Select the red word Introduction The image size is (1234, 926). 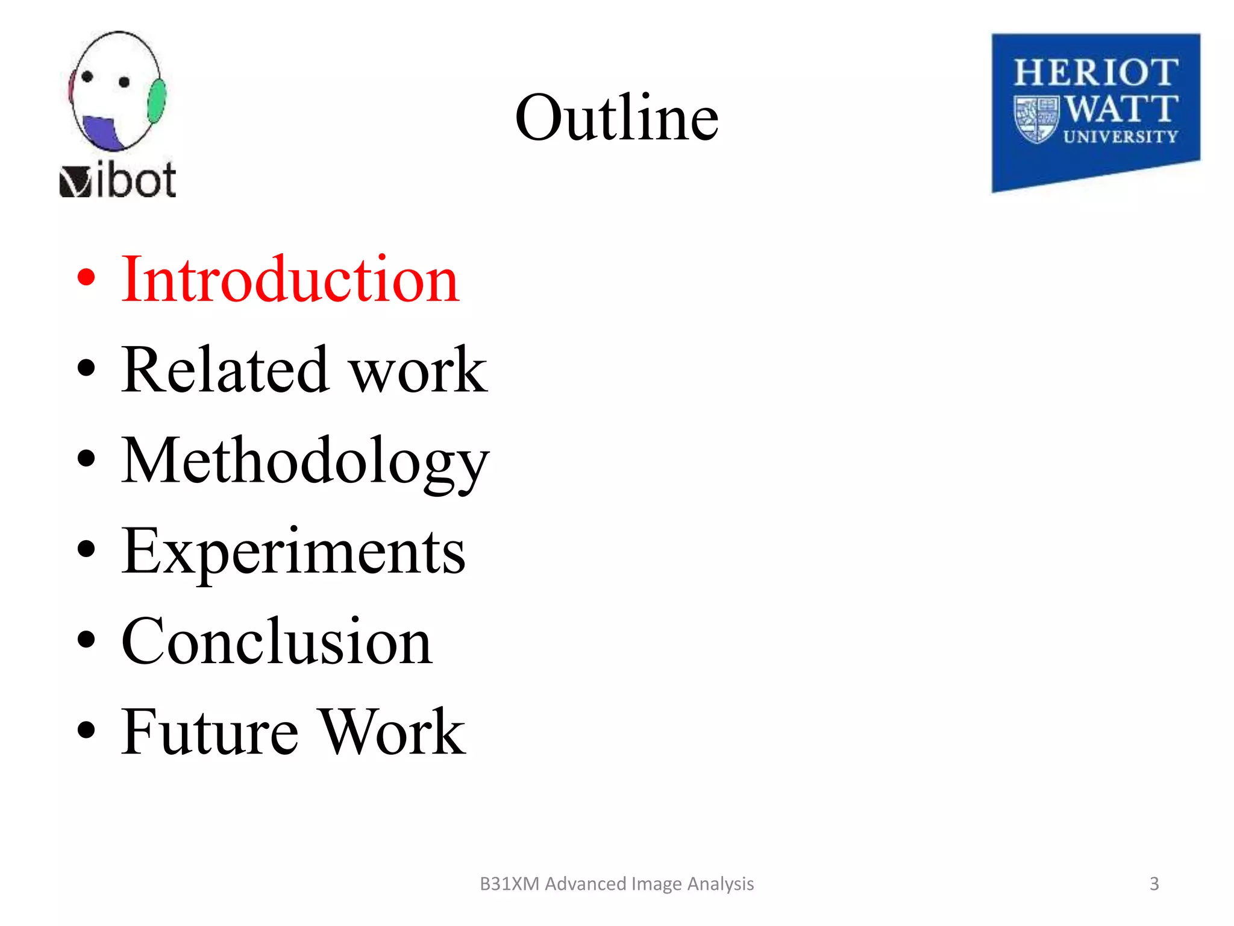tap(290, 279)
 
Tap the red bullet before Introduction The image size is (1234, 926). tap(86, 277)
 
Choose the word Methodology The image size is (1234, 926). tap(305, 461)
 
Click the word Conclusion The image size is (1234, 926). tap(277, 641)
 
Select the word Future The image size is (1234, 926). tap(210, 732)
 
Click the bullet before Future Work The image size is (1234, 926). tap(86, 729)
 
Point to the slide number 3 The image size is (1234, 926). tap(1154, 884)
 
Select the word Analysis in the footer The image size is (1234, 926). tap(720, 884)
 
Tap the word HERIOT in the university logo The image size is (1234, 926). tap(1095, 73)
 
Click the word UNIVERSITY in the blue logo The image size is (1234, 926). tap(1121, 137)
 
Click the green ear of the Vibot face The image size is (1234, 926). tap(157, 101)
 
